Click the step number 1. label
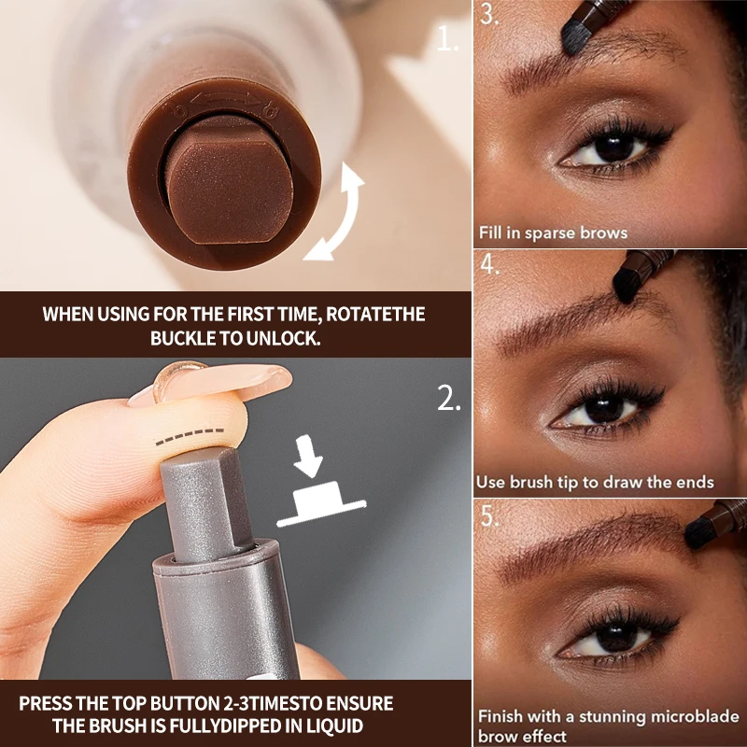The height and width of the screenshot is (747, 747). pos(449,39)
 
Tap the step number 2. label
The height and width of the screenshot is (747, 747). pos(449,400)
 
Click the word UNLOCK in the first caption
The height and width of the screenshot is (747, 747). pos(278,338)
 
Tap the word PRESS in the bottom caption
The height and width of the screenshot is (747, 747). pos(46,703)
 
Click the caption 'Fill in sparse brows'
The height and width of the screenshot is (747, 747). pos(552,233)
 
